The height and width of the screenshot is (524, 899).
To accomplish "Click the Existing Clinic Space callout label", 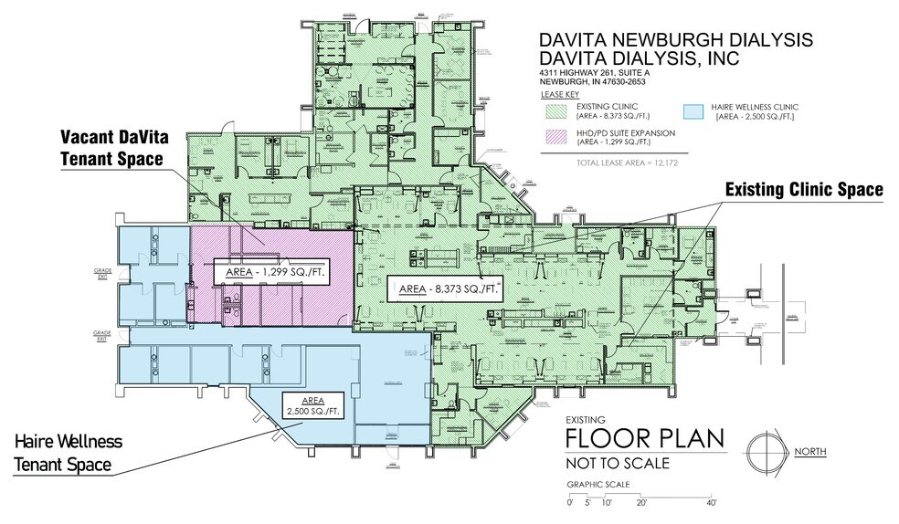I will tap(804, 190).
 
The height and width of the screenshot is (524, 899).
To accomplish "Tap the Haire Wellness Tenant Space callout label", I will tap(68, 454).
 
